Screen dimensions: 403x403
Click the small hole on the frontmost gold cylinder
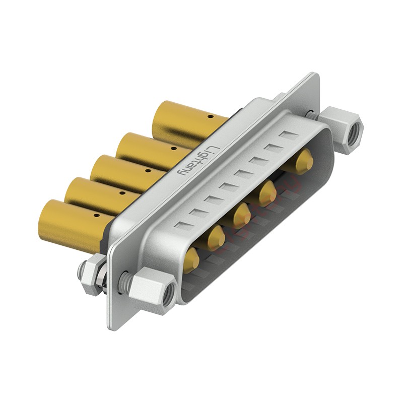click(x=97, y=216)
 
